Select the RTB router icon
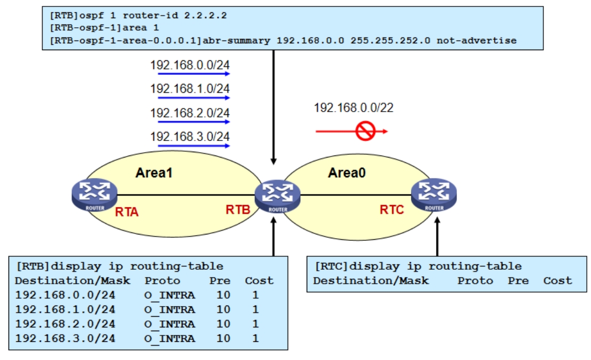click(x=277, y=196)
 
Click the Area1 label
click(x=154, y=173)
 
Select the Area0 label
click(x=346, y=173)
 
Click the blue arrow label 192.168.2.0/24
click(x=190, y=113)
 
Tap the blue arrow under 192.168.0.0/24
click(x=190, y=74)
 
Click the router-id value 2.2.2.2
click(x=206, y=15)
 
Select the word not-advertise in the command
click(x=477, y=41)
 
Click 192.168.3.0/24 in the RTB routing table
click(x=65, y=338)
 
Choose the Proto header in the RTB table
click(x=162, y=280)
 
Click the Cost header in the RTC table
click(x=557, y=280)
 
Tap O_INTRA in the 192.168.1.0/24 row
click(x=169, y=309)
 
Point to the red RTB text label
click(x=238, y=210)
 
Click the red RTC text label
click(x=392, y=210)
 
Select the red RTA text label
click(x=127, y=212)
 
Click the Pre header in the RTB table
click(x=220, y=280)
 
